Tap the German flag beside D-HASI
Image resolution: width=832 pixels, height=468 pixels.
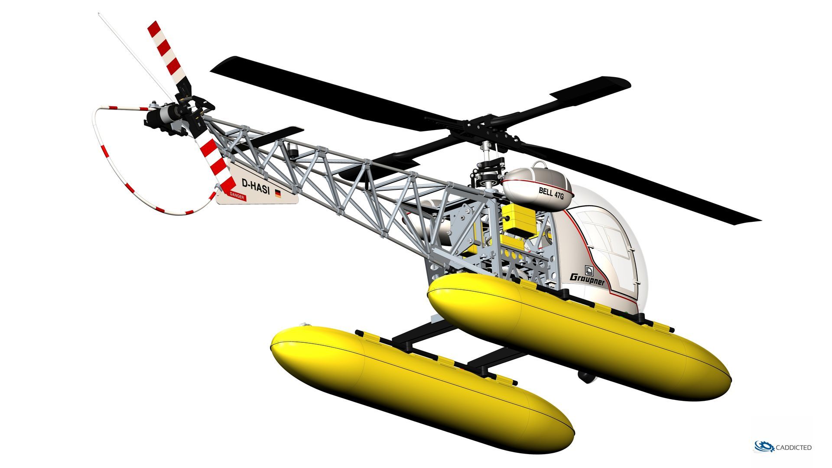pyautogui.click(x=278, y=194)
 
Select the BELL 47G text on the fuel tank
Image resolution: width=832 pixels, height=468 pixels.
pyautogui.click(x=551, y=193)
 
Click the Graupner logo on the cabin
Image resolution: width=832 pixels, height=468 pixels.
pyautogui.click(x=587, y=278)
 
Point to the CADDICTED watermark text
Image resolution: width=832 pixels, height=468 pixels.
pyautogui.click(x=793, y=448)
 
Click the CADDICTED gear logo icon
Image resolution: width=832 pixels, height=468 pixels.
pyautogui.click(x=764, y=447)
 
